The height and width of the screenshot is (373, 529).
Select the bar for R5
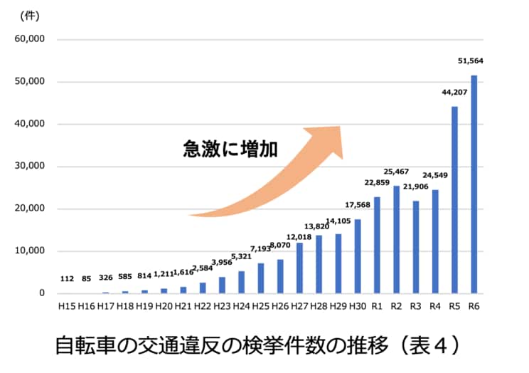pos(454,200)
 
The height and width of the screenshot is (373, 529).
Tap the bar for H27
pos(299,268)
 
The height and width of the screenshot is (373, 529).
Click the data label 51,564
pos(471,61)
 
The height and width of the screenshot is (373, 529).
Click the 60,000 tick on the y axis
pos(28,40)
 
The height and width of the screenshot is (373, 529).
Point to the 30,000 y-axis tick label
pos(28,167)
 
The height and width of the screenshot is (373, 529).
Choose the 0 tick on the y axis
pos(41,293)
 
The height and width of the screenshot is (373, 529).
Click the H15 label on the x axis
pos(67,306)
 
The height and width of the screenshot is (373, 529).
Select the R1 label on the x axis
pos(377,306)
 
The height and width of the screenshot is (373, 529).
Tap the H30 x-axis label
pos(358,306)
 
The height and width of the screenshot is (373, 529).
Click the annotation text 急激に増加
pos(230,149)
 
